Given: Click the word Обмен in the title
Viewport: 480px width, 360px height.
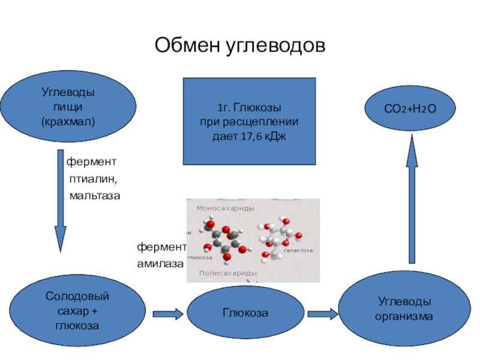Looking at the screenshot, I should point(188,45).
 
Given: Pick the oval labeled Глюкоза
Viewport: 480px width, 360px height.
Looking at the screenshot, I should point(245,313).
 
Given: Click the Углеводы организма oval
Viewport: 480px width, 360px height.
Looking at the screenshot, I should point(404,308).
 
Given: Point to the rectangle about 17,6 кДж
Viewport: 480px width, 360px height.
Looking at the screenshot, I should point(249,121).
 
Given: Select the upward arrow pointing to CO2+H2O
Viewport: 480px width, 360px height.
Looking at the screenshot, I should point(412,198).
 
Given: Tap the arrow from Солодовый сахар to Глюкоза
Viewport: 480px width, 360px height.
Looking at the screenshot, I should point(167,313).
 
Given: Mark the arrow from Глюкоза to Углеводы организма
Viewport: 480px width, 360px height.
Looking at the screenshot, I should point(323,313).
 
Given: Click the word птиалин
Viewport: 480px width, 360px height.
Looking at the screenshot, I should point(92,179).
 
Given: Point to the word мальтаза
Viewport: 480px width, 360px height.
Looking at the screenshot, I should point(95,196).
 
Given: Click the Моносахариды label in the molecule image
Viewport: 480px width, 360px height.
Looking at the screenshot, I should point(225,208).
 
